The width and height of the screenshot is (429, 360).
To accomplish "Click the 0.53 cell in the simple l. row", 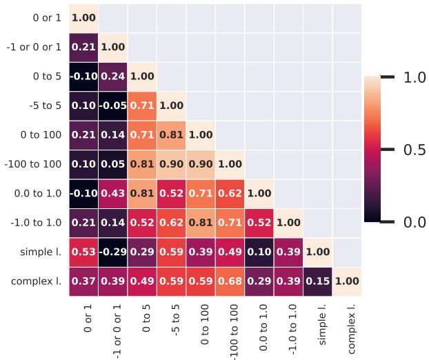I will tap(83, 252).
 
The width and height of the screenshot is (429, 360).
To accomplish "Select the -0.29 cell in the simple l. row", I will tap(112, 252).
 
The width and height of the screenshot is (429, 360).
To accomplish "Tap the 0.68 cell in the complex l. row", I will tap(230, 281).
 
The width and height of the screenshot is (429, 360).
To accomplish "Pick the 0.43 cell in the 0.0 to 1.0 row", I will tap(112, 194).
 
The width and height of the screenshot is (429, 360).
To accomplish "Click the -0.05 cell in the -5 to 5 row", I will tap(112, 106).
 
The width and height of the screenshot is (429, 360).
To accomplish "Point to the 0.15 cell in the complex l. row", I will tap(317, 281).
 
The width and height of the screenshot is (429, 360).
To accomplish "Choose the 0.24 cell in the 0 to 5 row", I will tap(112, 77).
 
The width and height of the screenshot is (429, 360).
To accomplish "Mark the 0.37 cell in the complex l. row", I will tap(83, 281).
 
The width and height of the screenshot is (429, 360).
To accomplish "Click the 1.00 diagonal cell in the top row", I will tap(83, 18).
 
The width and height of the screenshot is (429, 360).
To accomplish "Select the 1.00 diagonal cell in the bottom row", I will tap(347, 281).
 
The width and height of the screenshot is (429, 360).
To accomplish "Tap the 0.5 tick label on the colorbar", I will tap(415, 150).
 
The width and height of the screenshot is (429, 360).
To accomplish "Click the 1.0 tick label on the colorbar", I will tap(415, 77).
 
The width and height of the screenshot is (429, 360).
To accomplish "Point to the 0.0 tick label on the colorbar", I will tap(415, 222).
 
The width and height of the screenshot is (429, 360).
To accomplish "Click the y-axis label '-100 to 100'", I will tap(33, 165).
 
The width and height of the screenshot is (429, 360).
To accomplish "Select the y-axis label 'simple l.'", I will tap(41, 252).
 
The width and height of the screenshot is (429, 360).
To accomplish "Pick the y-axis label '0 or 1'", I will tap(46, 18).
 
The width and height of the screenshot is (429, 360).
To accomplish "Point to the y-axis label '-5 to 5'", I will tap(43, 106).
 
